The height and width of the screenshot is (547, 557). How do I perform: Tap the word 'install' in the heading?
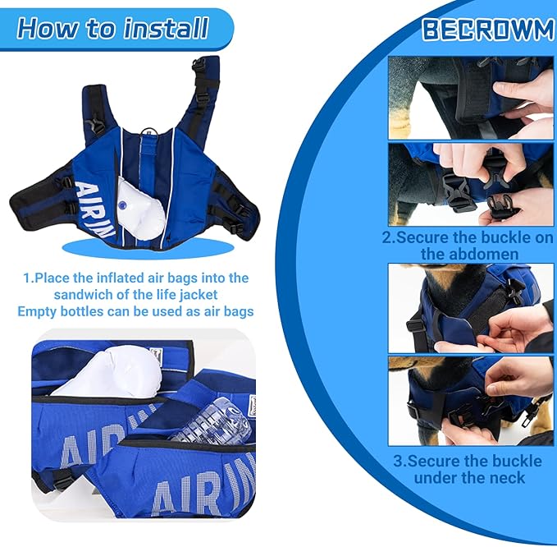[x=166, y=28]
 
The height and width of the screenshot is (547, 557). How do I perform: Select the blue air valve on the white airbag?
[x=122, y=205]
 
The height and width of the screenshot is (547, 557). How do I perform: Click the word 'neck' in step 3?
[x=509, y=478]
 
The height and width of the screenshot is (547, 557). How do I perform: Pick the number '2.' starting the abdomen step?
[x=389, y=237]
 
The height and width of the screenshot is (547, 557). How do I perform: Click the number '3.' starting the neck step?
[x=400, y=462]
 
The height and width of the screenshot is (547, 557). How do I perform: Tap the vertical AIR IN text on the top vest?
[x=94, y=209]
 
